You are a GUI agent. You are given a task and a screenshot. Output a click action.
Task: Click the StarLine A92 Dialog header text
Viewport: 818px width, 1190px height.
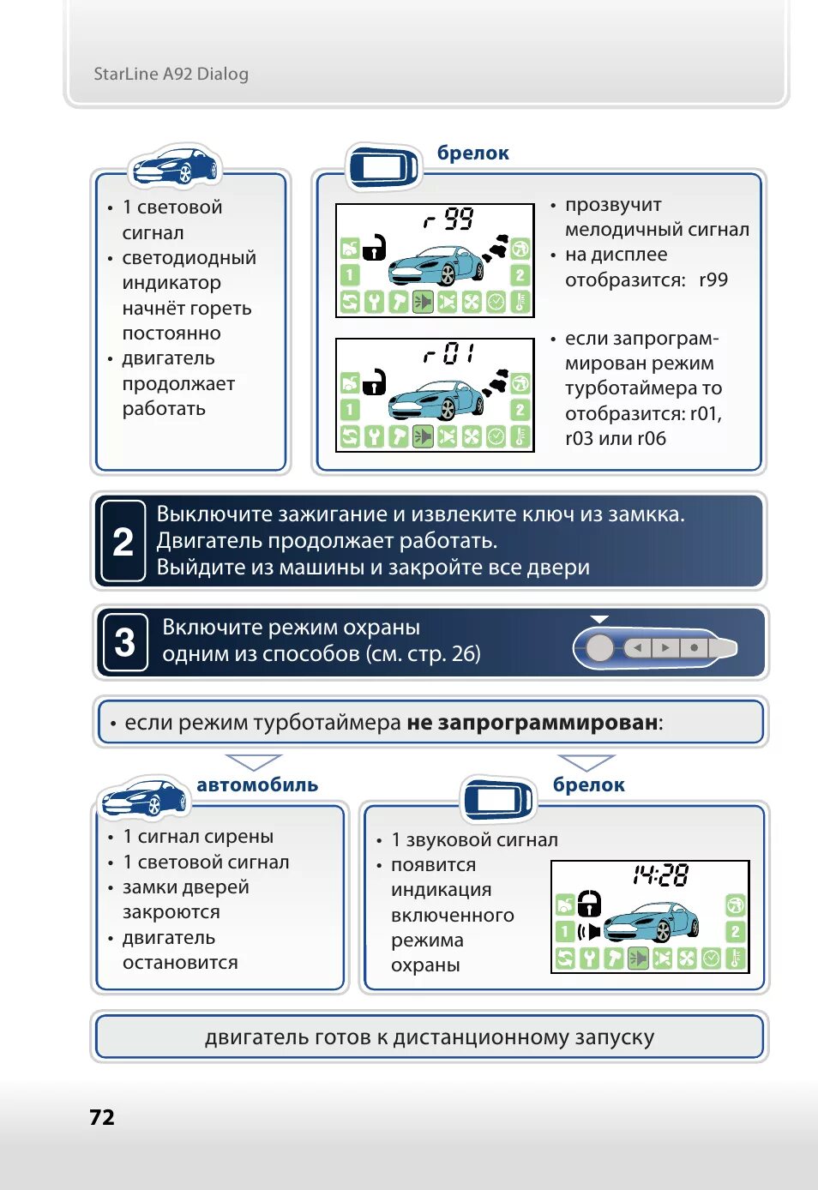[x=171, y=75]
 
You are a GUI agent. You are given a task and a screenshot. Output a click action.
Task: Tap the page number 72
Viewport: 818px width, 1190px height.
[x=102, y=1117]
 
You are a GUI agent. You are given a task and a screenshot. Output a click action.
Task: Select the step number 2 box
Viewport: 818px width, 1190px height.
[x=123, y=542]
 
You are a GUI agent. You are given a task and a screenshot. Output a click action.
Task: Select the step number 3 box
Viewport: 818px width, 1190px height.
[x=125, y=642]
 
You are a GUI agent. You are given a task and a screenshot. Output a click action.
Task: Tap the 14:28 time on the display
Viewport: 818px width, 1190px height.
[x=660, y=875]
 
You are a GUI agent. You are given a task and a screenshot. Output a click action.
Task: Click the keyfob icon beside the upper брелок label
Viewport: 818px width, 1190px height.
[x=383, y=167]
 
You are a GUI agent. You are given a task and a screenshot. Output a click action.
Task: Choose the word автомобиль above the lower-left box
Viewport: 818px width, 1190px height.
[x=257, y=784]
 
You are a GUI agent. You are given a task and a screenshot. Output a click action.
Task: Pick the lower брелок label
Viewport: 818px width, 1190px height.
[x=588, y=784]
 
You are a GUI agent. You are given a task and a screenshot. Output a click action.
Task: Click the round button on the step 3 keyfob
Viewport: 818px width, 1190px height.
[x=600, y=648]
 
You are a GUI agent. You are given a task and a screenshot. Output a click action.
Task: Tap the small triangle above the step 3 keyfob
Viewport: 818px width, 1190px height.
[x=600, y=619]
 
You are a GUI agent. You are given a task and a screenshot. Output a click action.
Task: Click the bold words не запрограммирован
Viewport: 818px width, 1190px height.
[x=532, y=723]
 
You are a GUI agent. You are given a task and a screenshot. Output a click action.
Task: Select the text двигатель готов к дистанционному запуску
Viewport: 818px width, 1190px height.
[x=429, y=1037]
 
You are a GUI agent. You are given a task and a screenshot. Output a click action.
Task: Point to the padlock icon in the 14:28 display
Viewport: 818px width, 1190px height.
[x=589, y=903]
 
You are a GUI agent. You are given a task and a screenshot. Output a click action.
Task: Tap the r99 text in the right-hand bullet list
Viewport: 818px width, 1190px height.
[x=713, y=280]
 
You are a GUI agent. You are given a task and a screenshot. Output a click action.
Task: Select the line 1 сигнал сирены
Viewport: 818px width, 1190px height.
[x=198, y=837]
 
